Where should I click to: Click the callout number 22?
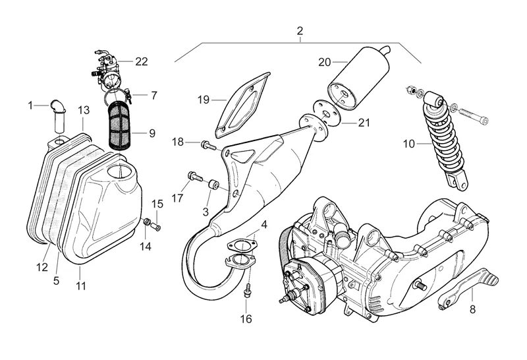tap(142, 61)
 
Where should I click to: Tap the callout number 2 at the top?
tap(300, 31)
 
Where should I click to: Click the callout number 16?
tap(246, 320)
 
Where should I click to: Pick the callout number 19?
tap(204, 100)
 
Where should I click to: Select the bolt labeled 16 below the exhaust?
tap(246, 291)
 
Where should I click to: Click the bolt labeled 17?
tap(194, 177)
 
